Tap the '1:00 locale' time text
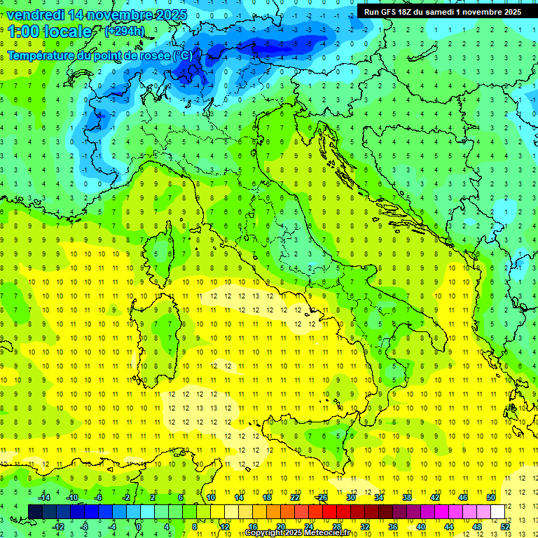tap(49, 32)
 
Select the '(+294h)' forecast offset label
tap(125, 32)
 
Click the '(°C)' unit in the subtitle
tap(182, 55)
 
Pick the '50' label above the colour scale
tap(491, 497)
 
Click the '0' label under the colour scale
tap(139, 526)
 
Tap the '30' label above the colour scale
tap(350, 497)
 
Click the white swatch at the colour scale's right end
tap(497, 511)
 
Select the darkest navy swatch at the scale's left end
tap(35, 511)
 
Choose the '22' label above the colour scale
tap(295, 497)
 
